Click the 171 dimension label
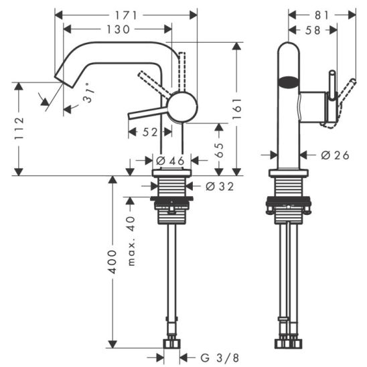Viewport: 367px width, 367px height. pyautogui.click(x=126, y=15)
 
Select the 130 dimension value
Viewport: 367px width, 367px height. pyautogui.click(x=118, y=29)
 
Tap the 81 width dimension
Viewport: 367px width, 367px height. pyautogui.click(x=322, y=15)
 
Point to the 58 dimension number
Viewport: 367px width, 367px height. pyautogui.click(x=313, y=30)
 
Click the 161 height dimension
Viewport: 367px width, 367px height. pyautogui.click(x=237, y=108)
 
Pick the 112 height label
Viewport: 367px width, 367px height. pyautogui.click(x=19, y=129)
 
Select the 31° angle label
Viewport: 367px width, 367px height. pyautogui.click(x=89, y=93)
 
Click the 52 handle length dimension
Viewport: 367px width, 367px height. pyautogui.click(x=150, y=132)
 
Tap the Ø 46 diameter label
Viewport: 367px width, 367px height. pyautogui.click(x=170, y=161)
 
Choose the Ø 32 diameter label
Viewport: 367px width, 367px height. pyautogui.click(x=220, y=187)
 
